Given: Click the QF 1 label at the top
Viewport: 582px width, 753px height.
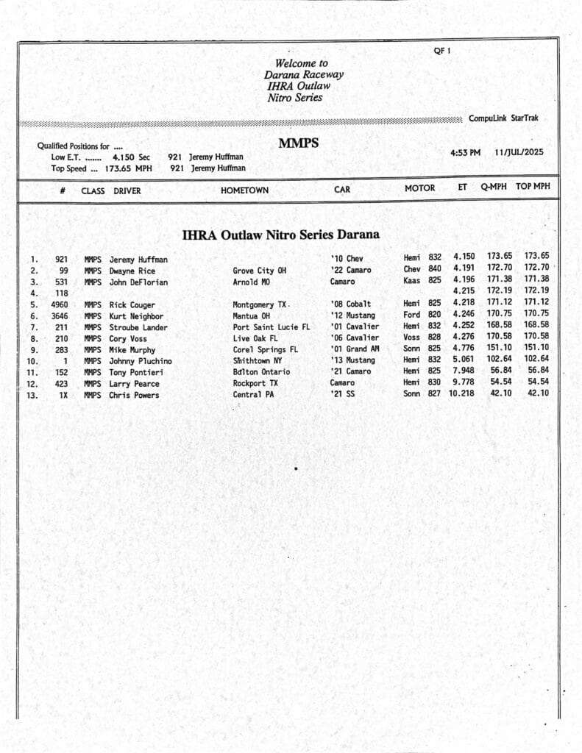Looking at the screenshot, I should (x=441, y=51).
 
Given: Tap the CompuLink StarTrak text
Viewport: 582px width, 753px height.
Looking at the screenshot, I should (x=503, y=118).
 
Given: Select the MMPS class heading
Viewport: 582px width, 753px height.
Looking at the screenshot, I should (x=298, y=143).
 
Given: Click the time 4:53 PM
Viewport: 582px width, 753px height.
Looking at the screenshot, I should (x=465, y=152).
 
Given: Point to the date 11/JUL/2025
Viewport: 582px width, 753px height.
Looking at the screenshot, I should (x=519, y=152).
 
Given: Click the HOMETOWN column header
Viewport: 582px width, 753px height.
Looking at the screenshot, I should (x=244, y=190).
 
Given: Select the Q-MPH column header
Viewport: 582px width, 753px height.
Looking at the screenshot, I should (x=494, y=187).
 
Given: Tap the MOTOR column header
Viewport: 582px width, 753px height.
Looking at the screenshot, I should (x=419, y=188).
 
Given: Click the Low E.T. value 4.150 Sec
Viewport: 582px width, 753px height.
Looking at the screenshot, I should (x=131, y=157).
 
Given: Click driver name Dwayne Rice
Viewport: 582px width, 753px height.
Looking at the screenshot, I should (x=132, y=271).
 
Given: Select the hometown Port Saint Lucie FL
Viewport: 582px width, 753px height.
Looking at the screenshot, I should (x=272, y=327).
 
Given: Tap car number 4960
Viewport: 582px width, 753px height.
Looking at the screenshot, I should (x=60, y=304).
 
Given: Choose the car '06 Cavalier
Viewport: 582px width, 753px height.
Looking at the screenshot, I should (x=355, y=338).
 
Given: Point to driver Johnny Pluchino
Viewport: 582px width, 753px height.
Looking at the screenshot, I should (x=141, y=361).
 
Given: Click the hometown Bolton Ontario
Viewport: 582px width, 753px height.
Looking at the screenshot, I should (x=261, y=372).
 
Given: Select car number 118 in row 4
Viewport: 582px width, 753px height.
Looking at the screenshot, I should (x=62, y=293).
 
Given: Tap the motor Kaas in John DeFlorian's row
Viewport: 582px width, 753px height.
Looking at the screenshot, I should (x=411, y=281).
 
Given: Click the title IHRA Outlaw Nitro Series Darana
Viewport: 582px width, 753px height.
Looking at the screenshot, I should (x=281, y=235).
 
